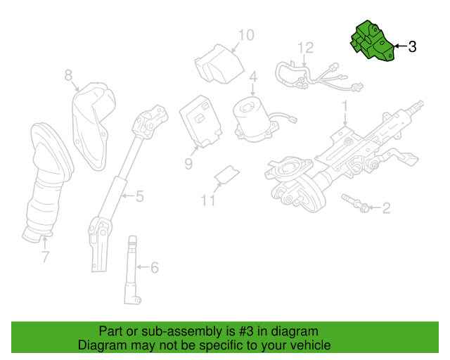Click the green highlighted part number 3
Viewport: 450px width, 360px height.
click(x=373, y=41)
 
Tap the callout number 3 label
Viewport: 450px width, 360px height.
click(x=412, y=46)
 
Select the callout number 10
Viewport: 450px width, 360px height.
click(x=246, y=35)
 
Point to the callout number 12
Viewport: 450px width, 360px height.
click(x=305, y=48)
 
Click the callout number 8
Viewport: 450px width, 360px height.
click(x=68, y=75)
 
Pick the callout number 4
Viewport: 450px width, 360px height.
click(x=253, y=77)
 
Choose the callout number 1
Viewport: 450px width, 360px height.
click(x=345, y=106)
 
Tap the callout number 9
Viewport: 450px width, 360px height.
click(x=188, y=164)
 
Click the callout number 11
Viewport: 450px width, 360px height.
click(x=208, y=200)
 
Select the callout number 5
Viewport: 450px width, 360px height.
click(x=139, y=196)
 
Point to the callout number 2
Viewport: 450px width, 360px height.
click(x=386, y=208)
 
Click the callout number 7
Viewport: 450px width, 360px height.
click(x=45, y=257)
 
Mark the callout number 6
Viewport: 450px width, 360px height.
click(x=155, y=268)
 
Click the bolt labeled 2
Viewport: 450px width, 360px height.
click(x=355, y=203)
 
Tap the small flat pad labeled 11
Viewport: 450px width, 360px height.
click(x=226, y=174)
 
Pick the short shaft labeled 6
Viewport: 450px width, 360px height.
click(x=133, y=270)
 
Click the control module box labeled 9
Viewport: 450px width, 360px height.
click(x=200, y=121)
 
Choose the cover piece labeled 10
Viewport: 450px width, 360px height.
click(x=219, y=64)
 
